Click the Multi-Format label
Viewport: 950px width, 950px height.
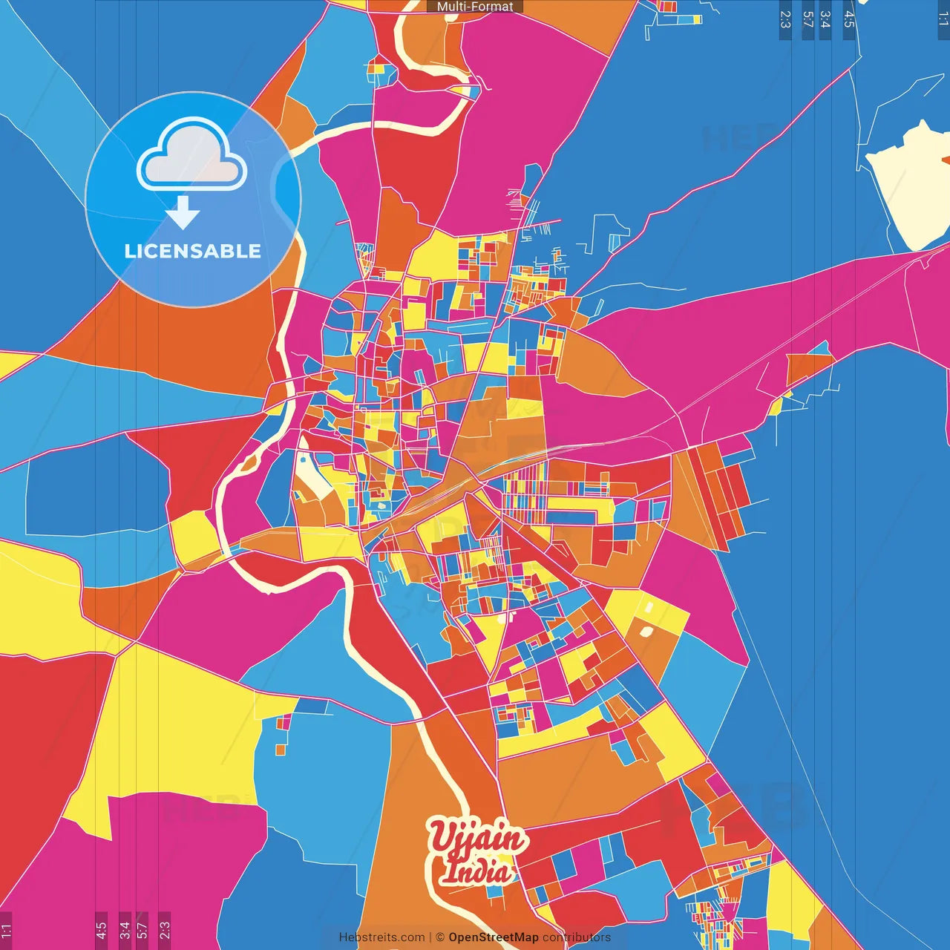point(475,7)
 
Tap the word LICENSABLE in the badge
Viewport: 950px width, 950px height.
point(193,251)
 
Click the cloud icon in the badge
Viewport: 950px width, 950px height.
point(192,154)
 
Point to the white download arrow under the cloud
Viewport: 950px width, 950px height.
point(183,213)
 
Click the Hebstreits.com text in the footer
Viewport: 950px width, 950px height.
point(381,937)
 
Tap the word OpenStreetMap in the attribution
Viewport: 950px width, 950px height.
point(493,937)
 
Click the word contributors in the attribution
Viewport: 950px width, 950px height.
point(577,937)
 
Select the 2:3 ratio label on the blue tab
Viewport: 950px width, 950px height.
point(785,19)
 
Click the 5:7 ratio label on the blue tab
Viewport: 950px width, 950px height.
point(807,19)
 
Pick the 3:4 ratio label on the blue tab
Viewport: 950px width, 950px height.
point(825,19)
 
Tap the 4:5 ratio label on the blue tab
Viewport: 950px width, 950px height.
point(849,19)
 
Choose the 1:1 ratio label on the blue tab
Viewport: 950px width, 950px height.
point(943,19)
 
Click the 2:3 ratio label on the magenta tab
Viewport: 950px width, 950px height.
point(164,930)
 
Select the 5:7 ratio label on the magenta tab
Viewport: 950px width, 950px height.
point(142,930)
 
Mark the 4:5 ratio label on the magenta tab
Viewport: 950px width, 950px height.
point(101,930)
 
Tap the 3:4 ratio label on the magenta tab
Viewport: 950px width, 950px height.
point(124,930)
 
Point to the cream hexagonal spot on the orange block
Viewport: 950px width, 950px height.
point(646,632)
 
